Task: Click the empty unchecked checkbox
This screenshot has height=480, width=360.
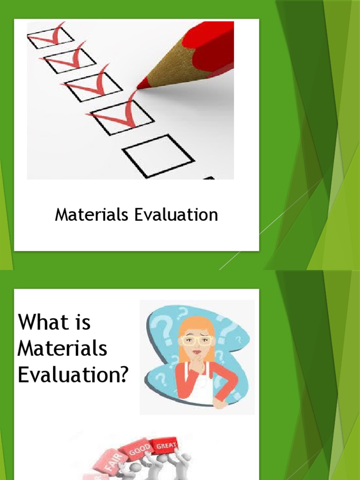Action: click(x=158, y=156)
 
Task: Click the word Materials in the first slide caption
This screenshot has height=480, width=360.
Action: click(x=91, y=215)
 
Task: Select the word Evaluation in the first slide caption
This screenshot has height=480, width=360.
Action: click(x=176, y=215)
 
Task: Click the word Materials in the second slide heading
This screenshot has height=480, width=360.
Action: click(x=62, y=349)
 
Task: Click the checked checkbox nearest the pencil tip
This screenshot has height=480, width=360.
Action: click(x=121, y=114)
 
